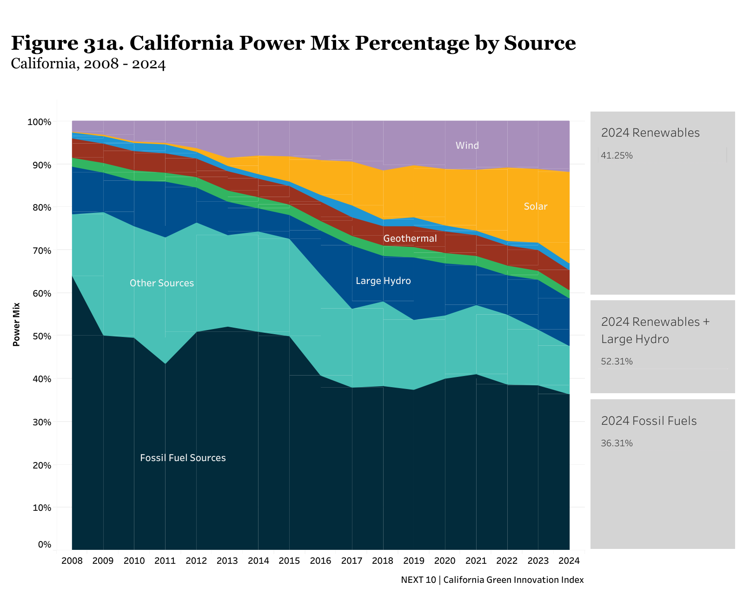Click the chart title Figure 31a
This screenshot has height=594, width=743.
pos(293,43)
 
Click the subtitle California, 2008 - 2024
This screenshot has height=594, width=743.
pos(88,64)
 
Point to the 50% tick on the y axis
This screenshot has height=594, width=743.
pos(39,336)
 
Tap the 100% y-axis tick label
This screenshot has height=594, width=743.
pos(39,122)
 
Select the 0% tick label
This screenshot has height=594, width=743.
pos(44,544)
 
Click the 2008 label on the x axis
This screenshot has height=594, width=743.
pos(72,561)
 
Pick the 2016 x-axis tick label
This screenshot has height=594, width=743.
pos(320,561)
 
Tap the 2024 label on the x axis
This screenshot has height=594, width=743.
pos(569,561)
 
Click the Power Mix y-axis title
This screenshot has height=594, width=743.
pos(16,324)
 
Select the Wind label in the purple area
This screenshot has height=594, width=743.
pos(467,145)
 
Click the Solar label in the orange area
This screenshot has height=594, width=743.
pos(535,206)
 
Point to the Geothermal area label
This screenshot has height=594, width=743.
pos(410,238)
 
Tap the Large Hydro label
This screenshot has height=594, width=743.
pos(383,281)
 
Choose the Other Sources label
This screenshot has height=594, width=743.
pos(161,283)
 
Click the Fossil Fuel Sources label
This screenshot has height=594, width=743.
pos(183,458)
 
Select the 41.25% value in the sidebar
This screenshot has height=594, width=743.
pos(617,156)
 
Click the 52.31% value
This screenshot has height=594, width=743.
pos(617,362)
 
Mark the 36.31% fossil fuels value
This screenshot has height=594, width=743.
pos(617,443)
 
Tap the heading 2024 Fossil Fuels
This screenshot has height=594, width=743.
pos(649,421)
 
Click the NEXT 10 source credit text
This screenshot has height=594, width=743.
pos(492,580)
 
